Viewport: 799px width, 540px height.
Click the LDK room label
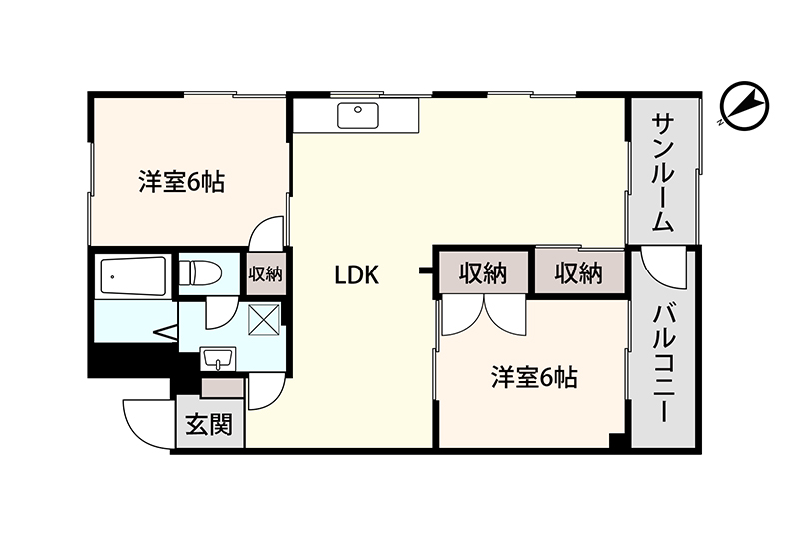tap(357, 275)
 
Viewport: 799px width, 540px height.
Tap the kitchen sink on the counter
tap(358, 115)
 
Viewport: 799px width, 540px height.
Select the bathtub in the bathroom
tap(134, 276)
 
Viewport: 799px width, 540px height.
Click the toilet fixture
tap(201, 273)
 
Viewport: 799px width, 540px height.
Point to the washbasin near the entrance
tap(218, 359)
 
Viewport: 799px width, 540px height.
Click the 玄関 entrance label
tap(209, 424)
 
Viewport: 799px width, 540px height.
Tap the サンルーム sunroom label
tap(663, 173)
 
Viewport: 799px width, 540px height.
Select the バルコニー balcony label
tap(664, 363)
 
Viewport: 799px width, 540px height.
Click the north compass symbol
tap(744, 106)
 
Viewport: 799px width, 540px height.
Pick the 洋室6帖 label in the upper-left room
tap(182, 182)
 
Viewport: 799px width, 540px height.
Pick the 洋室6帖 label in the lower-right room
tap(535, 378)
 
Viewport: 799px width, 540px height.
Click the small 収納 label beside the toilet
tap(265, 274)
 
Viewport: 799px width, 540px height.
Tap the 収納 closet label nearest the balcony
tap(579, 273)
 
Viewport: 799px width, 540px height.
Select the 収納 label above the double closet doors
tap(483, 273)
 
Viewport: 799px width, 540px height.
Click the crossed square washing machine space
tap(264, 320)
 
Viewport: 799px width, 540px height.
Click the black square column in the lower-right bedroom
tap(617, 441)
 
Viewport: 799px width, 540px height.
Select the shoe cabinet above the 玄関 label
tap(223, 388)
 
